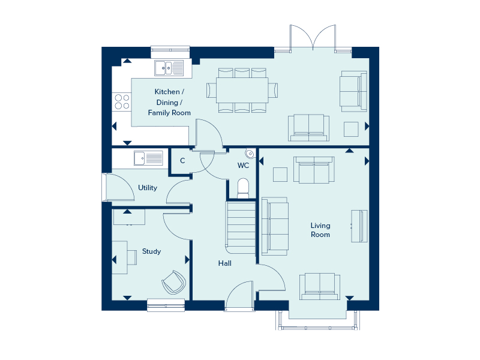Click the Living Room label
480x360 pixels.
[x=320, y=230]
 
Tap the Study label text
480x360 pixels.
[x=152, y=251]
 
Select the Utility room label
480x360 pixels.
[x=148, y=188]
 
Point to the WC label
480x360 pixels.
[x=243, y=166]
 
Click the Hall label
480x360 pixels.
[x=224, y=263]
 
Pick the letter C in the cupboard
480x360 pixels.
[x=182, y=161]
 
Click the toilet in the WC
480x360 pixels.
[x=244, y=188]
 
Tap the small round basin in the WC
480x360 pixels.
[x=250, y=154]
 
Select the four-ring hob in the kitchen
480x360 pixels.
[x=122, y=102]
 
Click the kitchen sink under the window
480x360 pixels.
[x=169, y=68]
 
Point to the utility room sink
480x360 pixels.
[x=148, y=158]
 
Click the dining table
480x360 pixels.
[x=242, y=91]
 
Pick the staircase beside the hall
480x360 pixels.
[x=241, y=227]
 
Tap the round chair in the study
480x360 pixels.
[x=174, y=282]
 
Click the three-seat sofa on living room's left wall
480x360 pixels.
[x=275, y=226]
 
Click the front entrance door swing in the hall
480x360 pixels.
[x=239, y=295]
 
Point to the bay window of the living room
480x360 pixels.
[x=318, y=320]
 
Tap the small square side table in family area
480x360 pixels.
[x=351, y=129]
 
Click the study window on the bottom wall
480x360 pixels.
[x=166, y=305]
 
